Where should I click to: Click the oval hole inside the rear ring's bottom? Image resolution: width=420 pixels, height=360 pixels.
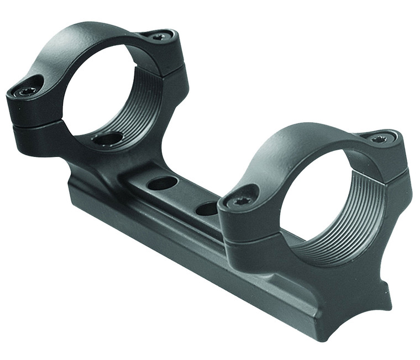108,138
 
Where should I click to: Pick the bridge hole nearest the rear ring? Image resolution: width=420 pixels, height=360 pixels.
162,183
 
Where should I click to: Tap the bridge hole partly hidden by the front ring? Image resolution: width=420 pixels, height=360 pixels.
207,208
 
